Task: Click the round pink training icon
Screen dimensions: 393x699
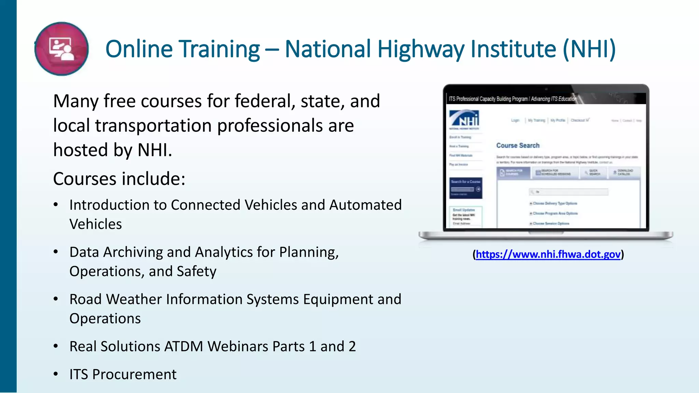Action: coord(61,49)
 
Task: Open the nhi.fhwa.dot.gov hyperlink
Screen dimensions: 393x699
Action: coord(548,254)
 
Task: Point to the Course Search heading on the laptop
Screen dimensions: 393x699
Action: coord(518,145)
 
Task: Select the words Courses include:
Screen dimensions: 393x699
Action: coord(119,178)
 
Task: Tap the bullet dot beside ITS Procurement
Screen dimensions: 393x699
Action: coord(56,374)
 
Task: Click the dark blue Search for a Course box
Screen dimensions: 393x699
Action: coord(466,188)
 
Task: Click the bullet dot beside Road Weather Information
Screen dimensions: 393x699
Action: coord(56,299)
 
